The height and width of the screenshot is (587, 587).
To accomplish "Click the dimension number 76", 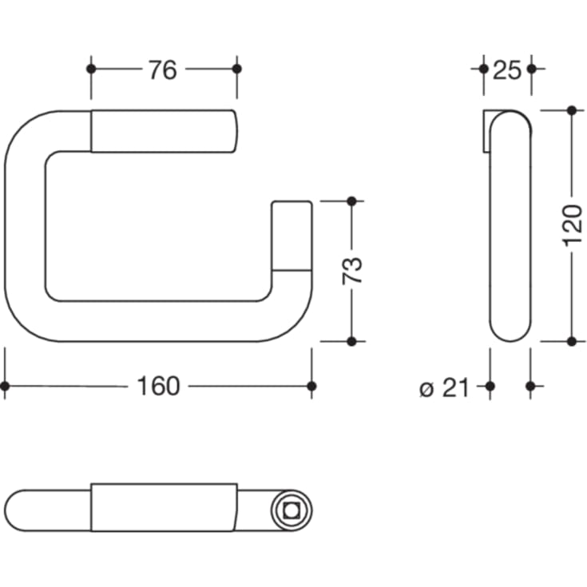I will point(162,70).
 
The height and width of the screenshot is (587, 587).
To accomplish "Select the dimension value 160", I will point(158,387).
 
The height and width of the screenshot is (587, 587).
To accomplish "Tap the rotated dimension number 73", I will point(353,270).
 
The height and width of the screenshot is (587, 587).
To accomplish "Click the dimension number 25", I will point(507,70).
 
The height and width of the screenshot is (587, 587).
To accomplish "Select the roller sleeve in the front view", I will point(164,131).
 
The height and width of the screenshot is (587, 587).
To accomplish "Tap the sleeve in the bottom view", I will point(164,507).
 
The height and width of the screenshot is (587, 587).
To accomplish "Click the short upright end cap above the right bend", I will point(291,236).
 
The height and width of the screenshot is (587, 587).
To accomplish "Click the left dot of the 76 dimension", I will point(91,69).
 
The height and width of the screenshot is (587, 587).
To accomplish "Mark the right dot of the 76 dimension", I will point(236,69).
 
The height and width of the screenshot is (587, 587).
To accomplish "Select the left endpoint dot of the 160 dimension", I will point(5,386).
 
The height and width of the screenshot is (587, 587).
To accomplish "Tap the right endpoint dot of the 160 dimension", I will point(311,386).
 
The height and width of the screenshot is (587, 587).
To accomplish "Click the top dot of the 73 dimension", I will point(351,200).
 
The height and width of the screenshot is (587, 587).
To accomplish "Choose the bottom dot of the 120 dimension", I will point(570,341).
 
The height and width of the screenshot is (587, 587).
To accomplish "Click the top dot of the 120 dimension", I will point(570,109).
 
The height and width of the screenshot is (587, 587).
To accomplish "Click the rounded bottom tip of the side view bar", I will point(510,334).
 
